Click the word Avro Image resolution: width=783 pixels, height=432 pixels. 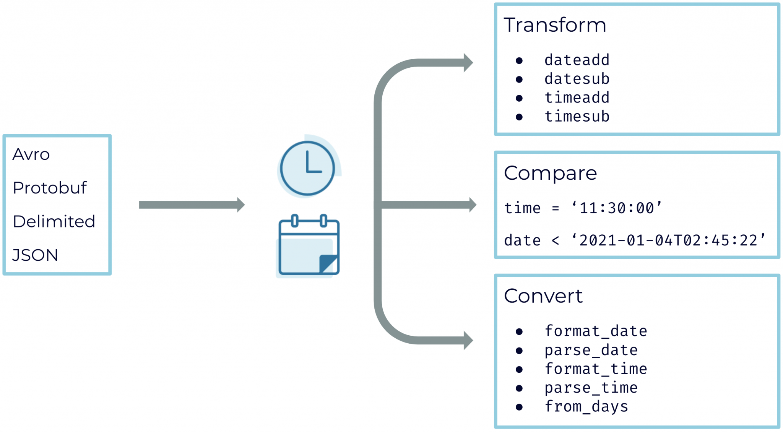click(x=31, y=154)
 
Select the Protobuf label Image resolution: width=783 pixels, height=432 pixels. click(x=50, y=188)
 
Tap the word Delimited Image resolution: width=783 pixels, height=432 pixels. click(x=54, y=222)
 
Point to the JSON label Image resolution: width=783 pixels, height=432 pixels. click(x=35, y=255)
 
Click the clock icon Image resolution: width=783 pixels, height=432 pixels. click(x=308, y=168)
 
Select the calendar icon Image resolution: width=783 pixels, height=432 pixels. click(x=309, y=246)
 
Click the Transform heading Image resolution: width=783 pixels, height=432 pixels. click(x=555, y=25)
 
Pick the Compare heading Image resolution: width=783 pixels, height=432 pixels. click(x=550, y=173)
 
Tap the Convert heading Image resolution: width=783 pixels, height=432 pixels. click(x=543, y=296)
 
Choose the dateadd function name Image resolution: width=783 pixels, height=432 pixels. click(x=577, y=60)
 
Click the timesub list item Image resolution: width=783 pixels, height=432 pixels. click(x=577, y=117)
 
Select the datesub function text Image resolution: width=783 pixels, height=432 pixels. click(x=577, y=79)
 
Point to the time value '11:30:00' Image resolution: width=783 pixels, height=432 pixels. click(x=616, y=208)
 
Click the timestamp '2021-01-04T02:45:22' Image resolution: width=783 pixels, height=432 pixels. click(x=668, y=240)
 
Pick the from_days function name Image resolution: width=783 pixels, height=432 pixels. click(x=586, y=407)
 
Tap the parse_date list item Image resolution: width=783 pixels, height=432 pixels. click(x=591, y=350)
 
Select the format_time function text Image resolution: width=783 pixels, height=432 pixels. click(x=595, y=369)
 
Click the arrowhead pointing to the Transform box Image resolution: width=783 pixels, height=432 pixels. click(x=468, y=63)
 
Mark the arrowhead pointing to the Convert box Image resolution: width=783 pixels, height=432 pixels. click(x=468, y=340)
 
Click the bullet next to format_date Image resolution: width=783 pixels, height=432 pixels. click(x=519, y=331)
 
